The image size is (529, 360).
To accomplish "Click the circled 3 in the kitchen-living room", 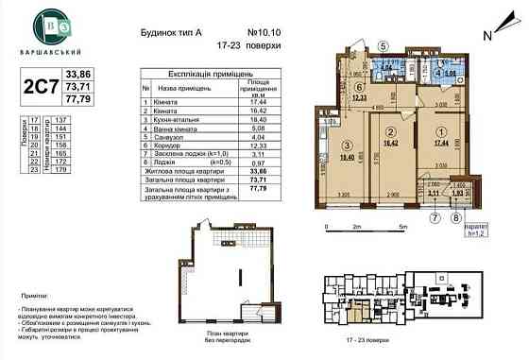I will coord(350,143).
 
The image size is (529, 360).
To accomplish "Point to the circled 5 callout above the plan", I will coord(383,45).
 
